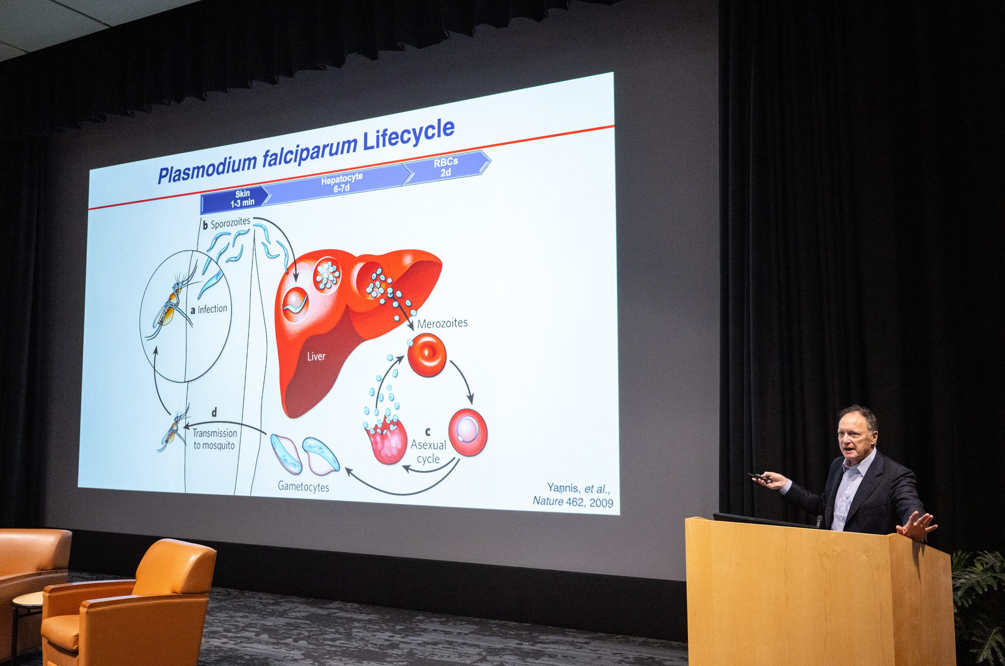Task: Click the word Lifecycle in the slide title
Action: (x=408, y=135)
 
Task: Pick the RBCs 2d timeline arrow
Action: (x=446, y=167)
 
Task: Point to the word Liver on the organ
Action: (x=316, y=356)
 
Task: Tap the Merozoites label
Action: (x=442, y=323)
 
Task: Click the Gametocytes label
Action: (x=303, y=486)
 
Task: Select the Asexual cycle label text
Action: (x=428, y=452)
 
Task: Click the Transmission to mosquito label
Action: (x=214, y=439)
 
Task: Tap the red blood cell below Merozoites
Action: (x=426, y=355)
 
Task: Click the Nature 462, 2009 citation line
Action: (x=573, y=502)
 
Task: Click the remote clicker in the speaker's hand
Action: (x=760, y=478)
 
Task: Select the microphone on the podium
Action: (x=819, y=520)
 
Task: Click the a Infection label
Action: (x=209, y=309)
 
